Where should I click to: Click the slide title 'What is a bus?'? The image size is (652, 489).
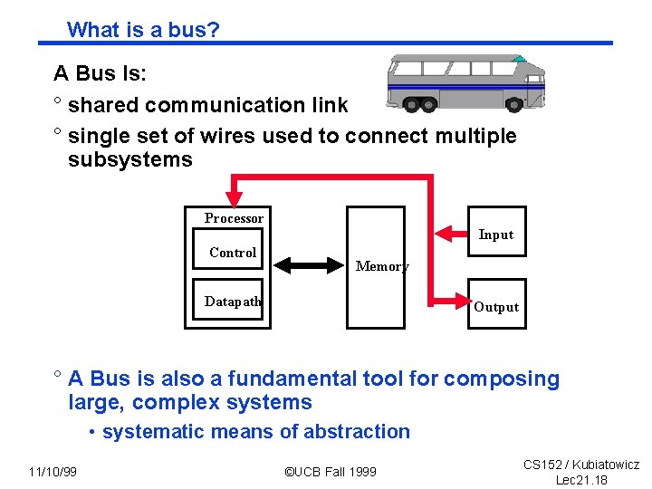pos(143,30)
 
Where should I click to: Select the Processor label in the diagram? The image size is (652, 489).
pos(234,218)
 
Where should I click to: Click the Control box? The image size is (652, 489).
pos(233,253)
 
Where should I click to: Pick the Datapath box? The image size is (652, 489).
pos(233,302)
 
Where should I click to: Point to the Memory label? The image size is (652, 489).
pos(381,266)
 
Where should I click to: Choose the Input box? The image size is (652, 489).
pos(496,235)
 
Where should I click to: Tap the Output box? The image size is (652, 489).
pos(496,306)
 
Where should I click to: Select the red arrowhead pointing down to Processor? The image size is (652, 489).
pos(235,195)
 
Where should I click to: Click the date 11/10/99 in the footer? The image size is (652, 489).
pos(53,472)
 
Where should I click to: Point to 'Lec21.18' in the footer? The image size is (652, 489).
pos(581,479)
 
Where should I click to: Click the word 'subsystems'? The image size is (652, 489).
pos(130,160)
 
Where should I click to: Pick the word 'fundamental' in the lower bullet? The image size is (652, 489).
pos(288,379)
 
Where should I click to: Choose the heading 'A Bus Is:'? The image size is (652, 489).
pos(100,73)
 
